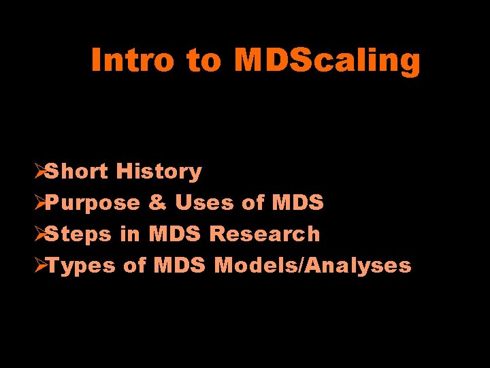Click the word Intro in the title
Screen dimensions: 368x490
(133, 60)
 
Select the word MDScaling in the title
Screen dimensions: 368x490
(327, 60)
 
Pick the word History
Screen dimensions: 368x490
(159, 171)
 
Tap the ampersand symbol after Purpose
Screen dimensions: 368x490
(157, 203)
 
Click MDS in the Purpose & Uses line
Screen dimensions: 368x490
(297, 202)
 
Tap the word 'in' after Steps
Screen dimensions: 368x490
(129, 234)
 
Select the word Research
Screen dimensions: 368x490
(264, 234)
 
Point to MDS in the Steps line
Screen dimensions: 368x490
(174, 234)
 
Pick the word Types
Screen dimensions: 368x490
(81, 266)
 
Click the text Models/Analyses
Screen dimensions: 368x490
(312, 265)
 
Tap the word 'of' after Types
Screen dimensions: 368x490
(135, 265)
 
